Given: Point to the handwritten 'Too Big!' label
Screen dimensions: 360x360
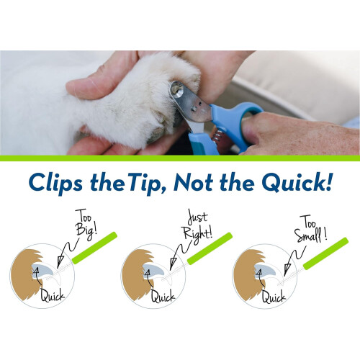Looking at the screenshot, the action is [86, 225].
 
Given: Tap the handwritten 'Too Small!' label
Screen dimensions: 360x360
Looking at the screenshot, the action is [310, 229].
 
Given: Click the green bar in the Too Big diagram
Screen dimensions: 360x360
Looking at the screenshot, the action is [94, 248].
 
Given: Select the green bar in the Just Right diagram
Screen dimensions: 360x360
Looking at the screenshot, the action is [210, 248].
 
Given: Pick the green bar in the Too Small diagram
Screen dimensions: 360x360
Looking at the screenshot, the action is [325, 253].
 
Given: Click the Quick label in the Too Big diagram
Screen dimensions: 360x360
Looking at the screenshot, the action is [53, 295].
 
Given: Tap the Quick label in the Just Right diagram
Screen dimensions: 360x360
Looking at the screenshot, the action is [163, 295].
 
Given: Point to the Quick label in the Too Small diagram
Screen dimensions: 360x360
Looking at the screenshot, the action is [274, 296].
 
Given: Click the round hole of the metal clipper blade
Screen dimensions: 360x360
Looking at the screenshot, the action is [177, 89].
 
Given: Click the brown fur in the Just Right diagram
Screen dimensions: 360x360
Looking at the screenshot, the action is [135, 274].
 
